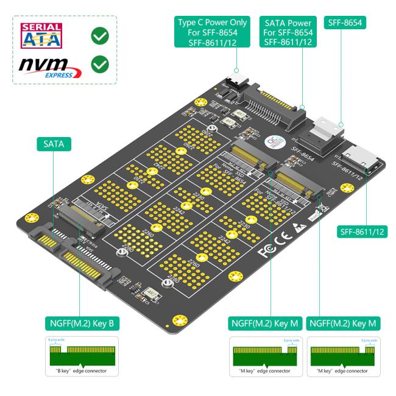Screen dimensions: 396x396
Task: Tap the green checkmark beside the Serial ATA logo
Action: pos(100,36)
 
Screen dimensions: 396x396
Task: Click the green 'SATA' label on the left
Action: pos(54,145)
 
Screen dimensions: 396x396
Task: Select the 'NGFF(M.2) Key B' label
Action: pos(80,321)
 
